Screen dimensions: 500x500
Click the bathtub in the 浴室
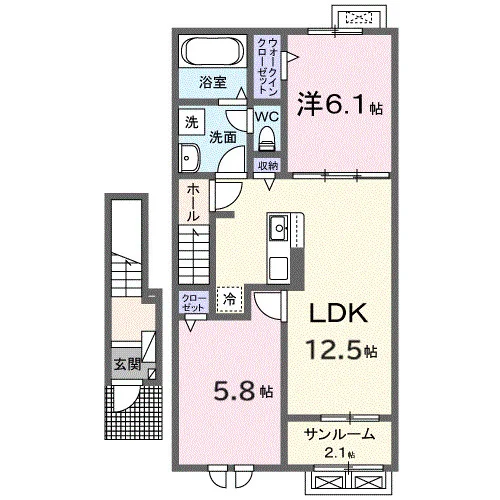tap(212, 51)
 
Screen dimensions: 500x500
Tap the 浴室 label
tap(213, 82)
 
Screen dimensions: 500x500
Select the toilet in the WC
tap(266, 138)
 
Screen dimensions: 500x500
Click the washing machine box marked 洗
tap(192, 123)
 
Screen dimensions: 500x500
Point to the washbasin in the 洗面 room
tap(189, 157)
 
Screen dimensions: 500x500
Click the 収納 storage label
tap(268, 166)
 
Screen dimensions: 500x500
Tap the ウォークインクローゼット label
tap(267, 66)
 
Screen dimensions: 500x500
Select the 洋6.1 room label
tap(339, 104)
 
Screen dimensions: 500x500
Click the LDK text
tap(339, 313)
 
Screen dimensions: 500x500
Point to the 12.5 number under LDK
tap(333, 349)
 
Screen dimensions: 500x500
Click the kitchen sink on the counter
tap(279, 228)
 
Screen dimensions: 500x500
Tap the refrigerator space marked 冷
tap(229, 299)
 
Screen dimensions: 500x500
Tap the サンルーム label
tap(339, 434)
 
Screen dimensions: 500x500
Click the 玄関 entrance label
tap(127, 365)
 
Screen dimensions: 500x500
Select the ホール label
tap(193, 203)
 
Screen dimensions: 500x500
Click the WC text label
tap(267, 117)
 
